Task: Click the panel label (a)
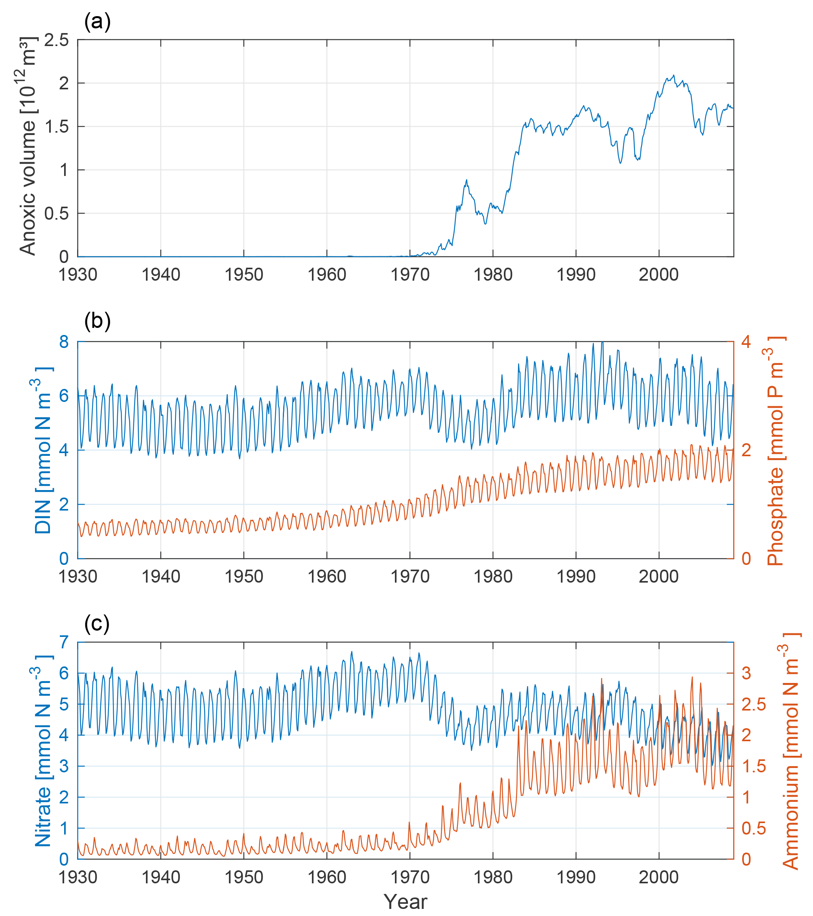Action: (97, 22)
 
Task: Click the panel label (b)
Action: (97, 321)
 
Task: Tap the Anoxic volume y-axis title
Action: (28, 146)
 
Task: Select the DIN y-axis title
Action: (43, 450)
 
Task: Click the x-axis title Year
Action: (406, 902)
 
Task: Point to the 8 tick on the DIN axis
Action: (64, 342)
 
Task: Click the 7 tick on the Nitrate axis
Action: (64, 642)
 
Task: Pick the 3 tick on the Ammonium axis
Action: (746, 673)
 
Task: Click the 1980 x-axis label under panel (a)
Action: (493, 274)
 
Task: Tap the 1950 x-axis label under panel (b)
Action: (244, 576)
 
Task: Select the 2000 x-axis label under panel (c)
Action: (658, 877)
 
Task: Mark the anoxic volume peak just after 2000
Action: (674, 75)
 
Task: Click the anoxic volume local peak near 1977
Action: (466, 180)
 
